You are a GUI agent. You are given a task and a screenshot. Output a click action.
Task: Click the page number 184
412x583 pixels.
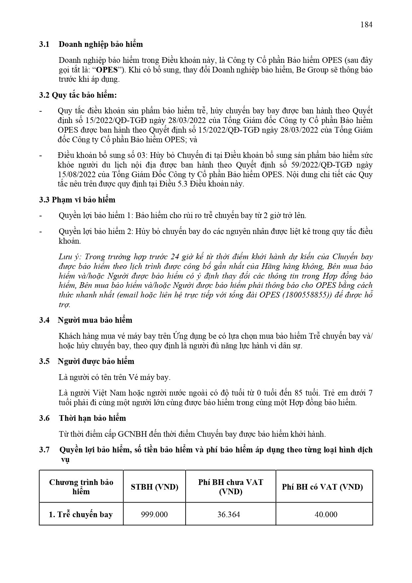[366, 25]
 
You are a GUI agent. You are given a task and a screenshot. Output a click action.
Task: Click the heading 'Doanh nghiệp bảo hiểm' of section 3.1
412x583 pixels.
[101, 44]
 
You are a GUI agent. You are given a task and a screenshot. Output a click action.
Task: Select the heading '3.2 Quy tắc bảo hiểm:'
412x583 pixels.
[78, 95]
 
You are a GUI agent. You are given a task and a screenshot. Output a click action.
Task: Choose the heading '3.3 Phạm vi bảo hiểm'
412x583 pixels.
[77, 200]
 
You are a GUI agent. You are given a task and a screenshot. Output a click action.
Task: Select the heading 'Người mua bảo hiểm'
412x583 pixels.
[95, 320]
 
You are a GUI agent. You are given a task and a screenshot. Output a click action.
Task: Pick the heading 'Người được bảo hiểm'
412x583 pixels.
[96, 361]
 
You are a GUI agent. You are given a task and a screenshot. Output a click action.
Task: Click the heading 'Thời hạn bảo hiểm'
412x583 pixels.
[92, 418]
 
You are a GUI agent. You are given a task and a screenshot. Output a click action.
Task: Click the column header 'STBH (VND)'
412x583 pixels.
[154, 487]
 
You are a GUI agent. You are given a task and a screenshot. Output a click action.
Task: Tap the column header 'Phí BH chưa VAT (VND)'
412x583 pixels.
[230, 487]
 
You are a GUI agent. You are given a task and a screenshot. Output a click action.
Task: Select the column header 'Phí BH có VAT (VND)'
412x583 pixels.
[322, 487]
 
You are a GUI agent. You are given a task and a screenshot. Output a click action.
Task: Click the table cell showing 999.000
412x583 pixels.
[154, 515]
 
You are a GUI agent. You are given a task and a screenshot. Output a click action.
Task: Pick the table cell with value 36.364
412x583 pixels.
[229, 515]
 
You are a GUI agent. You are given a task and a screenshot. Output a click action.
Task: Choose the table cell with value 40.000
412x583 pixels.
[326, 515]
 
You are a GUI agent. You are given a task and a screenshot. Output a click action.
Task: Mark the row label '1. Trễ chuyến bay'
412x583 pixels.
[81, 515]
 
